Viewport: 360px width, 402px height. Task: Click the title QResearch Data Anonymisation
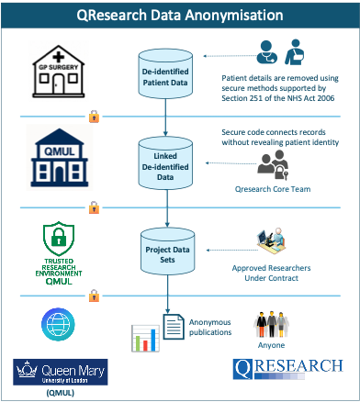coord(180,15)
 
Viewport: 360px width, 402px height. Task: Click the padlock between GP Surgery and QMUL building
coord(93,117)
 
